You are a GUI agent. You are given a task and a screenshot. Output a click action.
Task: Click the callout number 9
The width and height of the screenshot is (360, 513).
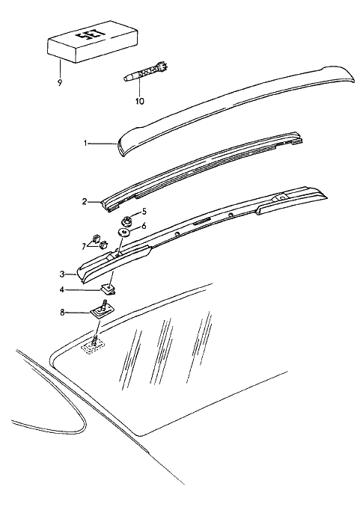click(60, 83)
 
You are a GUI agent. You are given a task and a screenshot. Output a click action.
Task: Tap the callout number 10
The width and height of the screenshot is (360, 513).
click(139, 102)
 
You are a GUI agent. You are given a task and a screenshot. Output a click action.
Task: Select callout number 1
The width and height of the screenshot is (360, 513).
click(85, 144)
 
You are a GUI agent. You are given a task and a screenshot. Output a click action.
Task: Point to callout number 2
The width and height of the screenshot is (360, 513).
click(85, 202)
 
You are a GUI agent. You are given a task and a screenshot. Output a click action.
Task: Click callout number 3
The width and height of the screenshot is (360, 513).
click(63, 274)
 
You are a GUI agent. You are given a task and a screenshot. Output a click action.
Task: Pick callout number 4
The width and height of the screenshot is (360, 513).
click(62, 289)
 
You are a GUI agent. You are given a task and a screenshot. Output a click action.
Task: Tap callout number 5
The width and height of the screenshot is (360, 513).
click(144, 212)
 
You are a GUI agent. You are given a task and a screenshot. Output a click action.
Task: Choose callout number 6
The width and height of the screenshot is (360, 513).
click(144, 226)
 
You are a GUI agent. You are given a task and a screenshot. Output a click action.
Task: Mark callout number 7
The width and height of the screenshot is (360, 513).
click(84, 246)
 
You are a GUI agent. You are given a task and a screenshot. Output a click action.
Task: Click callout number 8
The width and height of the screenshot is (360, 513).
click(63, 313)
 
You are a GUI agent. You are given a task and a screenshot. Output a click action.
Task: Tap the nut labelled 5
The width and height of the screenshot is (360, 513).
click(127, 221)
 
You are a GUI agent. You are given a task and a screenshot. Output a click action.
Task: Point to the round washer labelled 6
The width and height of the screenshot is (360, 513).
click(124, 233)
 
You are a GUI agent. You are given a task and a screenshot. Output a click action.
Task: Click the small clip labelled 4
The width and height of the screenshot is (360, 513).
click(109, 289)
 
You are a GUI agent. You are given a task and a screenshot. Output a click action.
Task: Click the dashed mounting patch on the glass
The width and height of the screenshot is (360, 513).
click(94, 347)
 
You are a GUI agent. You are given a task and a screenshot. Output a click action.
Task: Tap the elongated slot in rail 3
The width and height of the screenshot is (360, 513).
click(203, 221)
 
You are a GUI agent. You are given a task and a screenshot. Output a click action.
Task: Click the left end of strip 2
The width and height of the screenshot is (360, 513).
click(107, 206)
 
